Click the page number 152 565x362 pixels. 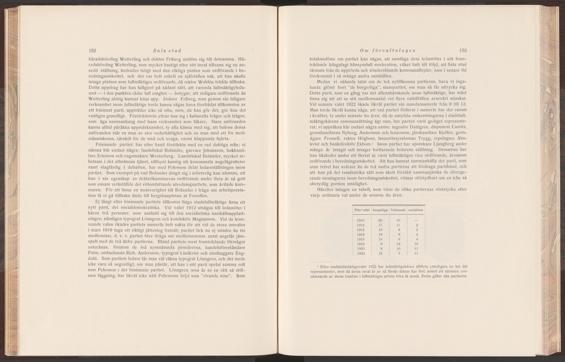[x=92, y=50]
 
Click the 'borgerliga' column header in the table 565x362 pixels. [x=380, y=209]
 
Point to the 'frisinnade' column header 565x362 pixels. [x=398, y=209]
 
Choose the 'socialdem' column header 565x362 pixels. [x=416, y=209]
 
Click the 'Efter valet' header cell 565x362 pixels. [x=362, y=209]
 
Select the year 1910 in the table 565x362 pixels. [x=361, y=220]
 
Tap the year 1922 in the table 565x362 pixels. [x=361, y=254]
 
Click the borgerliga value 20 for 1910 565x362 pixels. [x=380, y=220]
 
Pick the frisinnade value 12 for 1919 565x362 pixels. [x=398, y=245]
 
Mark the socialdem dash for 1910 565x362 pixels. [x=417, y=220]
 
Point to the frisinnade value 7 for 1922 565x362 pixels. [x=398, y=254]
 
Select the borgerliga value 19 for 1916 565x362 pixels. [x=380, y=235]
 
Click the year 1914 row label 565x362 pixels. [x=361, y=230]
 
